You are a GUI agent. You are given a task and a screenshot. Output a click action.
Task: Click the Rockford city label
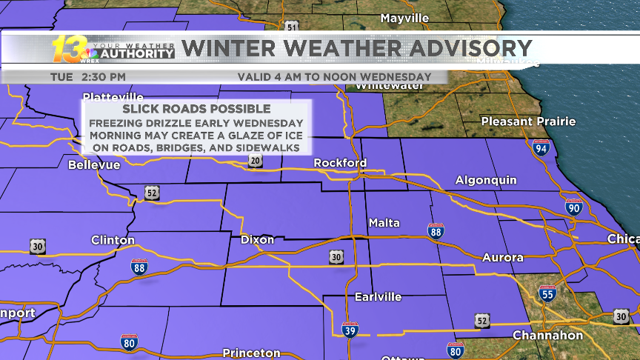340,163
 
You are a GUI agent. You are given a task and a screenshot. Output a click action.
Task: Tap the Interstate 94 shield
541,148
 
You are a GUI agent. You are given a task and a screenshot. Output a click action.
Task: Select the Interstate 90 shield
573,207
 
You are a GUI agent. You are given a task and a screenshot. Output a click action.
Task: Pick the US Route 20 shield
255,161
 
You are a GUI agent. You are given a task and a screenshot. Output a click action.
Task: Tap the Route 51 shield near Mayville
292,27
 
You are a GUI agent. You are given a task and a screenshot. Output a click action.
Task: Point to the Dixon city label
257,240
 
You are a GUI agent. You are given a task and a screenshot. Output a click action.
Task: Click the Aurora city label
502,258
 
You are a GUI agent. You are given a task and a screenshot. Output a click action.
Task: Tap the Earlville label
378,297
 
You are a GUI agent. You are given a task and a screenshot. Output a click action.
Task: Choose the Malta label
384,223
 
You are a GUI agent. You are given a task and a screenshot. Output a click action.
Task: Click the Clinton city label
113,240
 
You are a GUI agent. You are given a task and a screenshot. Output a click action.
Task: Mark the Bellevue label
93,165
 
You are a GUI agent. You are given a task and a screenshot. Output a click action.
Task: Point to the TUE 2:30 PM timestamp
88,76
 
